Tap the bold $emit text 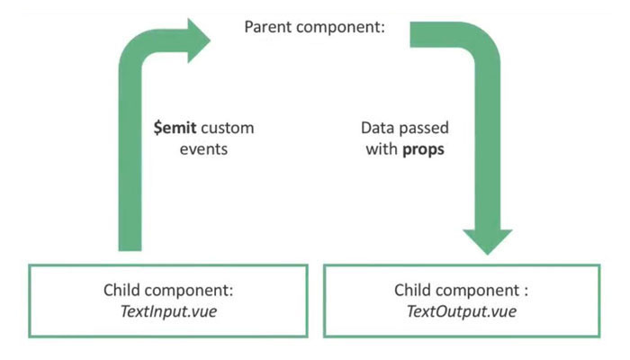175,128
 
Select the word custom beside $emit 228,128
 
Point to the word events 203,149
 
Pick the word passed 424,128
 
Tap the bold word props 424,150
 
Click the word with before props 382,149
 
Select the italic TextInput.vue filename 168,311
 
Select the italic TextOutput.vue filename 462,311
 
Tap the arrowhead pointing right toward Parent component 199,40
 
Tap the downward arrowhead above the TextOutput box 488,241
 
